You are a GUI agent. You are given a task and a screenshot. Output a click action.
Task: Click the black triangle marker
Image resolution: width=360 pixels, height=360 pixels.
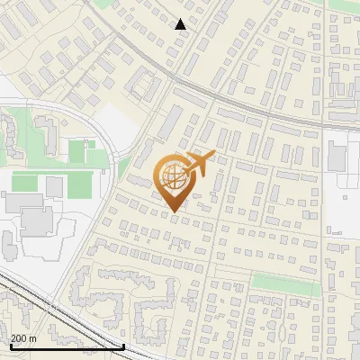click(181, 24)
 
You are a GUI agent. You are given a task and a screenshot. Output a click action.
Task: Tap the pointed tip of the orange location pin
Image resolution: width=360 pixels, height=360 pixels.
click(173, 211)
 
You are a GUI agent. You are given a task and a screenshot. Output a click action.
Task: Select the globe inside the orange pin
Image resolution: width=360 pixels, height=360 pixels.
click(173, 178)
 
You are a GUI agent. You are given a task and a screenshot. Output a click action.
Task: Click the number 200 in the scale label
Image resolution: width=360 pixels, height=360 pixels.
click(21, 338)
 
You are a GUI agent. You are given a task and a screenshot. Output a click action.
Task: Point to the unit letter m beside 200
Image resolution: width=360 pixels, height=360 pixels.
click(34, 338)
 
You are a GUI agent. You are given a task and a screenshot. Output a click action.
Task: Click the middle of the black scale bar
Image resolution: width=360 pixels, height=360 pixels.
click(66, 346)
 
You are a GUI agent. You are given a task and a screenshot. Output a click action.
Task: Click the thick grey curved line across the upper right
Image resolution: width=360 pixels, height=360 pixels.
click(261, 112)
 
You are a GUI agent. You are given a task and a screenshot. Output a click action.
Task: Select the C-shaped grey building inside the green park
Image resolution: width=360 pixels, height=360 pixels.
click(11, 135)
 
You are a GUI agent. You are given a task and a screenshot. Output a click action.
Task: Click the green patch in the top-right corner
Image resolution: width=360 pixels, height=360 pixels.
click(345, 4)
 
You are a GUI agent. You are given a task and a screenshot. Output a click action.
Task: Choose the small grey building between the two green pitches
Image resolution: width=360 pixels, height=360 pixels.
click(55, 185)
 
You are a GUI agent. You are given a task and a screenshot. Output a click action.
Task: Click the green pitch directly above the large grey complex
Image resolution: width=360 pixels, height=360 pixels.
click(25, 183)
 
